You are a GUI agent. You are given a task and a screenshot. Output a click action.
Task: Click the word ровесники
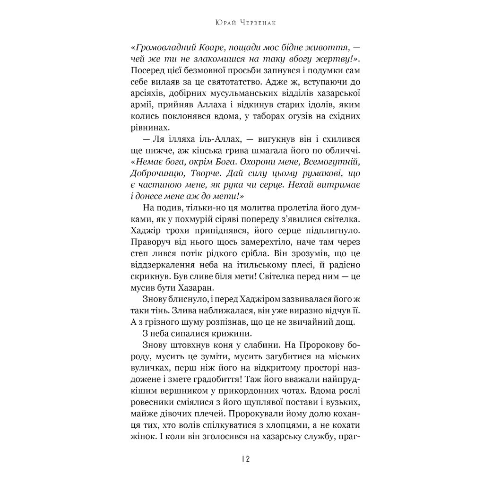[x=152, y=403]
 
